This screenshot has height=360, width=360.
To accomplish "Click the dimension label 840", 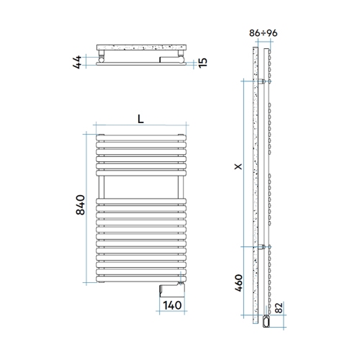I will click(x=81, y=205).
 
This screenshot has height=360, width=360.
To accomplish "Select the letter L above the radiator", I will click(x=140, y=120).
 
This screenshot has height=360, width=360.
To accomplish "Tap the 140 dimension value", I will click(x=171, y=305).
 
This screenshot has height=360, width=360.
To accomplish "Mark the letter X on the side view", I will click(x=238, y=166).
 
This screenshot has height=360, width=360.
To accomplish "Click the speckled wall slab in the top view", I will click(x=140, y=47).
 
